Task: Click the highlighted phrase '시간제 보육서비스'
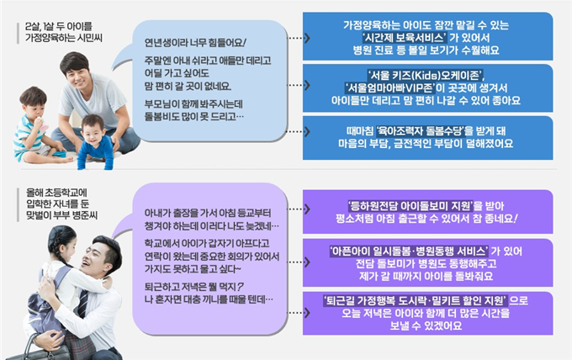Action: click(405, 38)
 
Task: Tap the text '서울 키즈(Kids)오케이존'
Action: click(425, 75)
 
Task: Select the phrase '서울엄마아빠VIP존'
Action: click(389, 88)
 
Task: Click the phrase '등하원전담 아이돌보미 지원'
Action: click(410, 206)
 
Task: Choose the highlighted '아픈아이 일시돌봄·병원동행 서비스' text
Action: click(409, 251)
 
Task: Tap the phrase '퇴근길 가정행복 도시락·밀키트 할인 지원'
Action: click(416, 300)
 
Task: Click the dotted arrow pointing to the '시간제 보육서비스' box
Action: click(299, 38)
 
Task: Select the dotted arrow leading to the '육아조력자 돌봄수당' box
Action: click(299, 131)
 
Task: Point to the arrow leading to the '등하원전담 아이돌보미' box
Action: click(299, 209)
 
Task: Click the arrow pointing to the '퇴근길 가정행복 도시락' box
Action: click(299, 313)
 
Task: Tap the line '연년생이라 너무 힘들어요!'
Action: click(195, 43)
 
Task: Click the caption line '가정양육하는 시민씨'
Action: click(64, 38)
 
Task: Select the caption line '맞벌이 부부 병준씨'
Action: click(62, 215)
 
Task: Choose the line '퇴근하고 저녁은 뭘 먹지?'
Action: click(193, 287)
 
